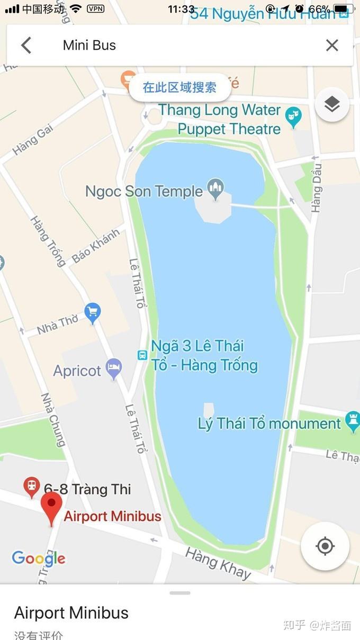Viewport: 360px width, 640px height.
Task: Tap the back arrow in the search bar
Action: tap(26, 46)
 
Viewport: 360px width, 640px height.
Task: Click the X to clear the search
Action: tap(332, 46)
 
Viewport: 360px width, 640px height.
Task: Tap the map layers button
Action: tap(332, 105)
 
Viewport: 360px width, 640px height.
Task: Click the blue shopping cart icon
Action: tap(93, 313)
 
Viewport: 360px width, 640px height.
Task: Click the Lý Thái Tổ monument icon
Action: tap(352, 422)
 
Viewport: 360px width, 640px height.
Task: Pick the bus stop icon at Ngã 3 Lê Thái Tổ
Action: tap(142, 355)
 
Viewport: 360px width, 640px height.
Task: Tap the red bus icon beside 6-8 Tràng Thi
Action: tap(32, 486)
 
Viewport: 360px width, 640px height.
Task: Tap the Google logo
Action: tap(39, 558)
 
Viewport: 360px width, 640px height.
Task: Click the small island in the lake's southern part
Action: tap(209, 410)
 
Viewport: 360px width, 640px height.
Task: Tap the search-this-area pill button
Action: tap(180, 87)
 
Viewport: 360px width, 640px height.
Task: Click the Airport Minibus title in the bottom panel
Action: tap(71, 613)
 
